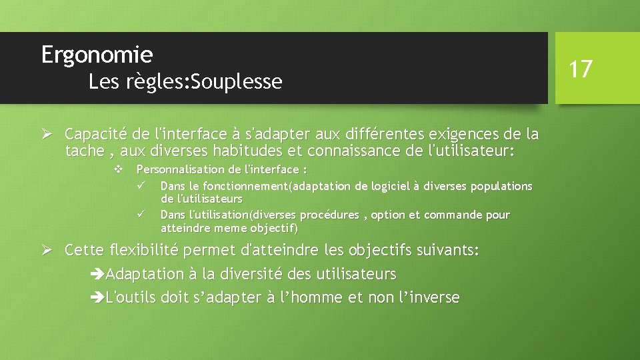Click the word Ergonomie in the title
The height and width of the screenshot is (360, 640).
tap(97, 54)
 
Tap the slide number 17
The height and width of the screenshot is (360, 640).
tap(581, 68)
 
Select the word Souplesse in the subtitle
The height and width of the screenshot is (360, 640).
tap(237, 82)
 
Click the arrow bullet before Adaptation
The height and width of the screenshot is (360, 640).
tap(97, 274)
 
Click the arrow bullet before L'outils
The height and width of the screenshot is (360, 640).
tap(97, 297)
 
